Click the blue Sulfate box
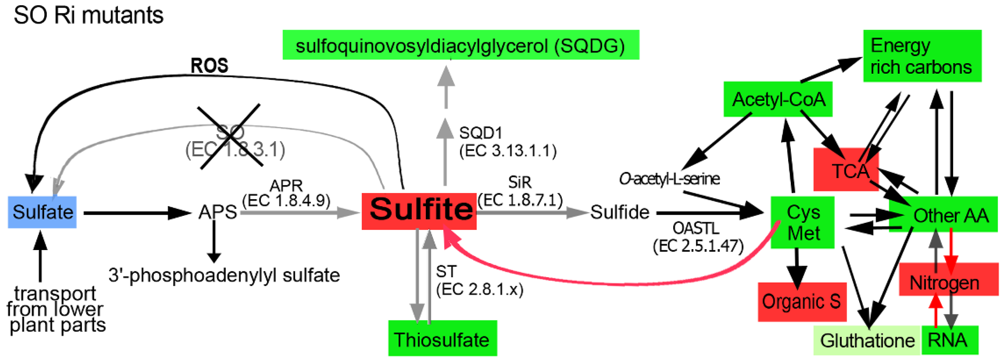point(42,212)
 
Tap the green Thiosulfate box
point(442,338)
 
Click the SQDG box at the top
point(460,45)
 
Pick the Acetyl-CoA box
point(778,99)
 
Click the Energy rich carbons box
point(922,56)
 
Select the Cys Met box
point(803,222)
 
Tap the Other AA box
point(945,215)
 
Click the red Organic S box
point(802,302)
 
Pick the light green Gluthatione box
point(867,340)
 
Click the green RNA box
point(950,340)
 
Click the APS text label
point(217,212)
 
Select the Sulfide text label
point(620,212)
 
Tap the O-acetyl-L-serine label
point(669,179)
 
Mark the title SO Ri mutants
point(88,16)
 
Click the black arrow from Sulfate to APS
point(136,213)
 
